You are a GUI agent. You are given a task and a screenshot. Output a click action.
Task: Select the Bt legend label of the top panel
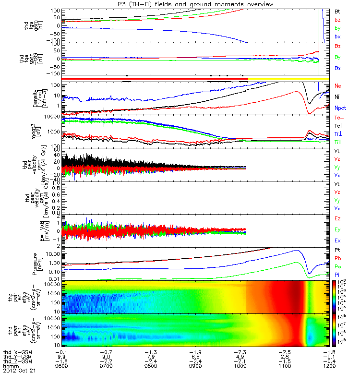tap(337, 11)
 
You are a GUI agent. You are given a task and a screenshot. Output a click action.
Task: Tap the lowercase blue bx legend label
tap(337, 36)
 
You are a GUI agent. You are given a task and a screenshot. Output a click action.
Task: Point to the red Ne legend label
tap(337, 85)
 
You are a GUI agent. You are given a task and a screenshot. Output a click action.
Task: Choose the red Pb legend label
tap(337, 258)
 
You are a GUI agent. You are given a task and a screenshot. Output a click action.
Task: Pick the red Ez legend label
tap(337, 218)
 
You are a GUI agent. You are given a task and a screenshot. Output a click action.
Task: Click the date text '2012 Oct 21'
tap(19, 371)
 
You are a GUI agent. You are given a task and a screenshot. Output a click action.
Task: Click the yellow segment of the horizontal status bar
tap(288, 78)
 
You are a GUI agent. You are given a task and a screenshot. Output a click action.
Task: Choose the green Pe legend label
tap(337, 265)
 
